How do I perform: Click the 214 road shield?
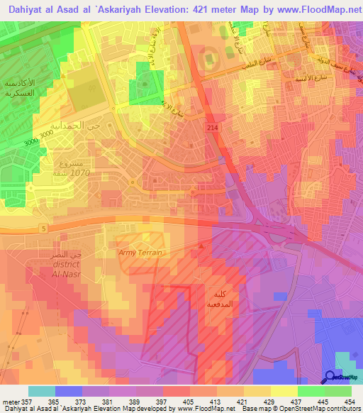tap(212, 126)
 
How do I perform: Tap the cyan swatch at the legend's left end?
tap(42, 391)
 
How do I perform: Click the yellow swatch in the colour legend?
tap(284, 391)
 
